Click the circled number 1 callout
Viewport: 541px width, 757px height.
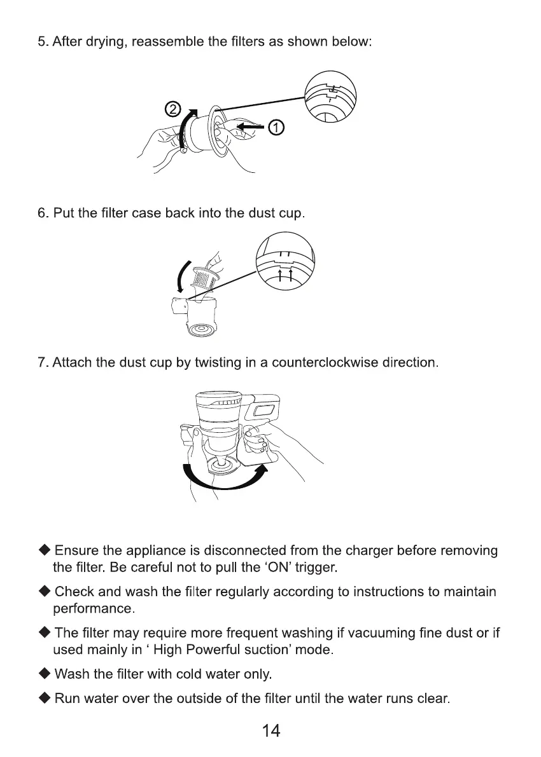(276, 127)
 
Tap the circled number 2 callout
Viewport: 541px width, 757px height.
(172, 108)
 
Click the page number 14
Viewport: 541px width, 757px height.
(270, 731)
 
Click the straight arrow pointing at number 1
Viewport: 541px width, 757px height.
(251, 128)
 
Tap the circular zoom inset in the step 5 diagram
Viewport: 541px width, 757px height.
(330, 97)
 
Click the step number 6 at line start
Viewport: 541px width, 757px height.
(42, 212)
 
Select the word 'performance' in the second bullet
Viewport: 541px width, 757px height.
(92, 608)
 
